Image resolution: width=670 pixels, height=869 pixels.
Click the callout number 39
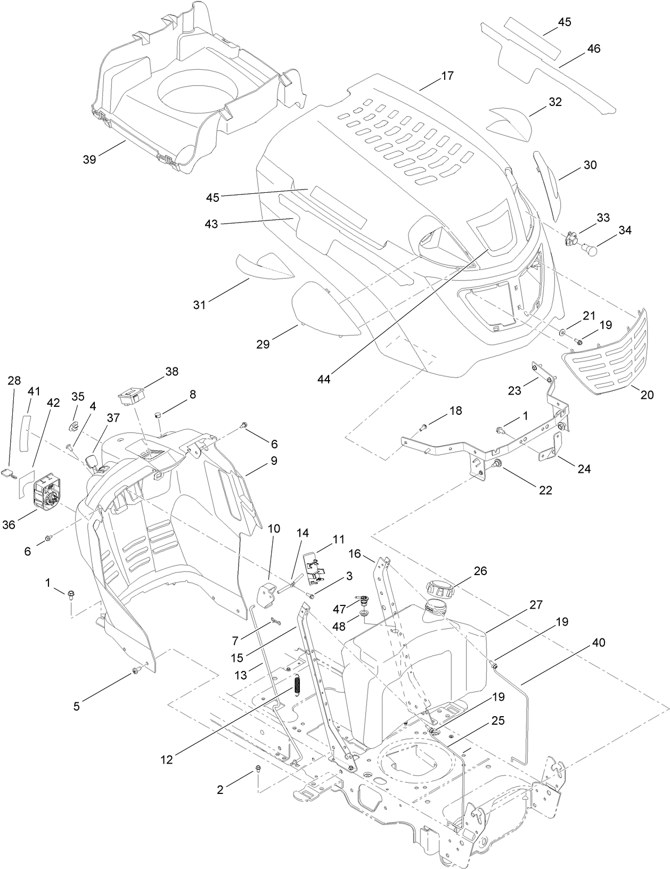pyautogui.click(x=89, y=159)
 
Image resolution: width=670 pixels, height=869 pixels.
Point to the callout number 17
pyautogui.click(x=447, y=76)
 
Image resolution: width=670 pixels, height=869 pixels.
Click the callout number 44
pyautogui.click(x=324, y=379)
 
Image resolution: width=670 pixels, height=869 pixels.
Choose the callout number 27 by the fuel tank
pyautogui.click(x=536, y=604)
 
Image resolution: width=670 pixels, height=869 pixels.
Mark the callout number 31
pyautogui.click(x=199, y=305)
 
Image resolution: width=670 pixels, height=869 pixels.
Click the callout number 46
pyautogui.click(x=593, y=48)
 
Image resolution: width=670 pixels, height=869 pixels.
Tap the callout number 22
pyautogui.click(x=545, y=490)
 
